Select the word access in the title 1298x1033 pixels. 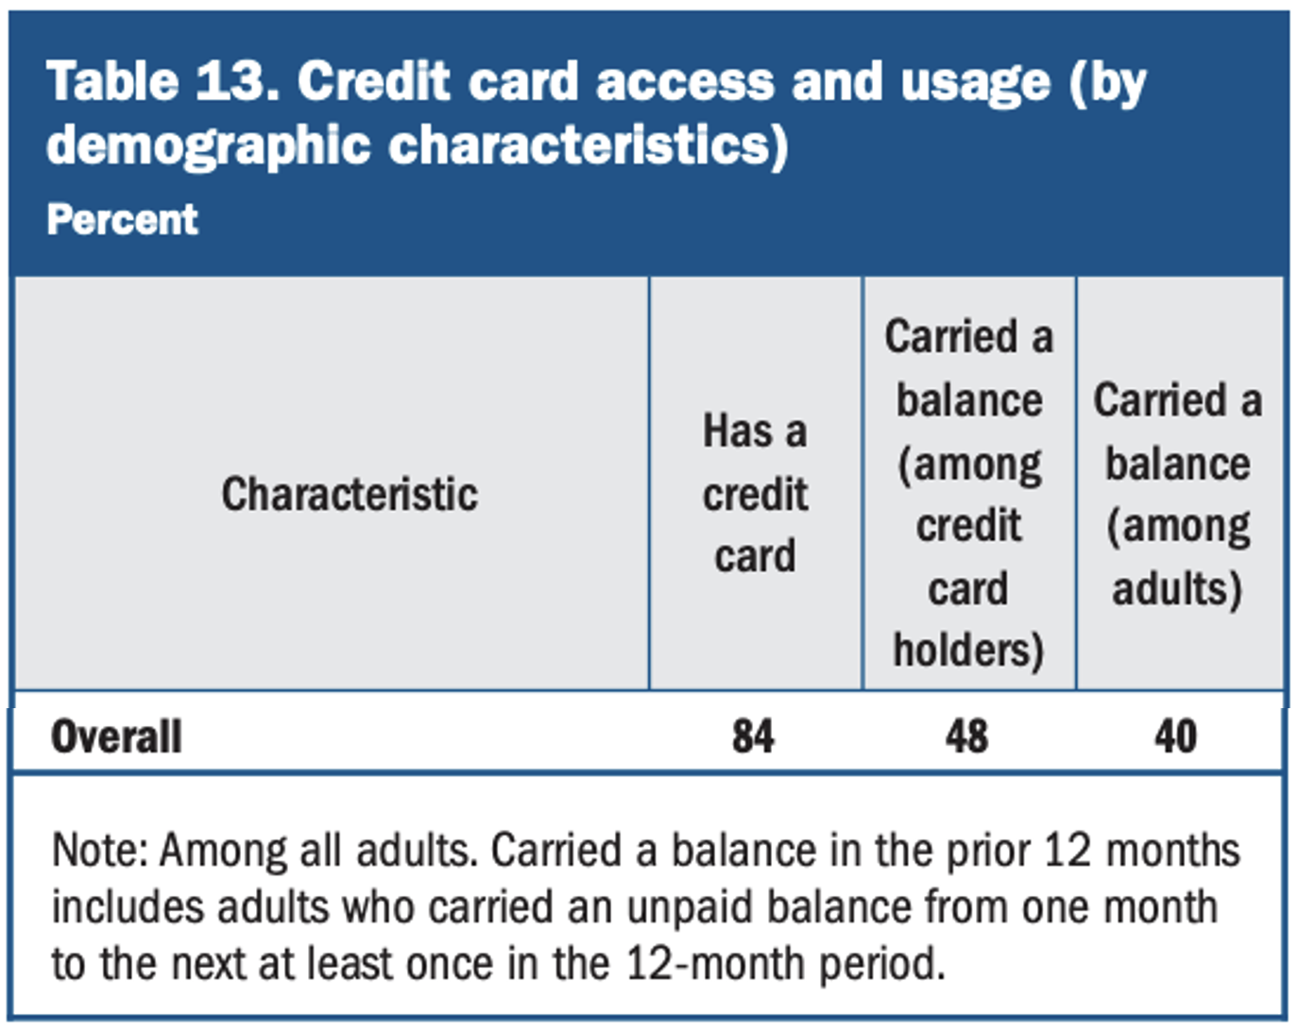coord(685,82)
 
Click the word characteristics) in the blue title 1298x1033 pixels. coord(589,146)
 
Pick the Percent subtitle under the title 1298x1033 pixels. coord(123,219)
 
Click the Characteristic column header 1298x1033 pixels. coord(350,494)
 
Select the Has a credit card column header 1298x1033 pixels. coord(755,492)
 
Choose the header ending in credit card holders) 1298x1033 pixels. coord(968,493)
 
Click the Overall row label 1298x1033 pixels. coord(116,737)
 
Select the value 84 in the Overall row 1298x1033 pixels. coord(753,737)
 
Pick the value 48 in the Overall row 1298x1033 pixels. coord(966,737)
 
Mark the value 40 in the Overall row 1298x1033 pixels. coord(1175,737)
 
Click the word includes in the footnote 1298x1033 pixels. coord(128,907)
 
